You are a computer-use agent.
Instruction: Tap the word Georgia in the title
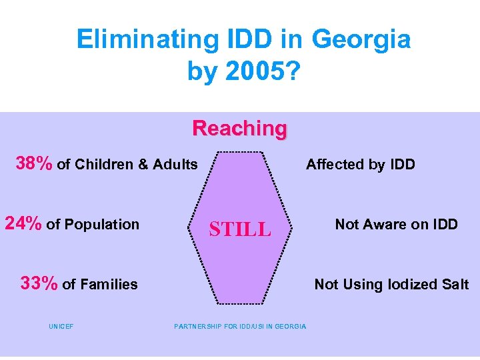[x=361, y=40]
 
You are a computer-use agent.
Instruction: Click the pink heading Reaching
[x=239, y=128]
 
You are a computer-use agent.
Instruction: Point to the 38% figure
[x=35, y=164]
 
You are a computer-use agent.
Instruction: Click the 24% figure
[x=24, y=224]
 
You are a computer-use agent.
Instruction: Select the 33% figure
[x=39, y=284]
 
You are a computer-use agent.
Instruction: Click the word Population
[x=102, y=225]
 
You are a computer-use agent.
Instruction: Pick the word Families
[x=109, y=285]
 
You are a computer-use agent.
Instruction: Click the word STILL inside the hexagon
[x=240, y=230]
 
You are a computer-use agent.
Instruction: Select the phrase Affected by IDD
[x=360, y=165]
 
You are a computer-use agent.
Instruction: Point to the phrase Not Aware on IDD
[x=396, y=225]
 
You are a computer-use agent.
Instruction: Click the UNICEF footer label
[x=61, y=326]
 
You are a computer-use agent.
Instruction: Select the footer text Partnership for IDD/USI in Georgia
[x=240, y=326]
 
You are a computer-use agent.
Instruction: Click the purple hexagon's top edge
[x=239, y=152]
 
